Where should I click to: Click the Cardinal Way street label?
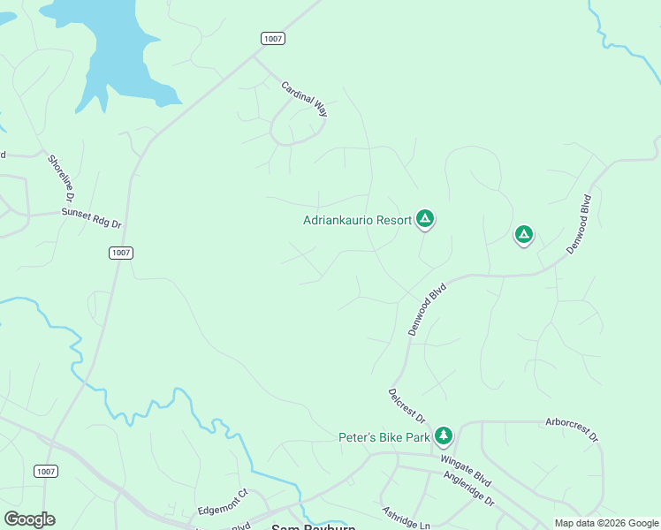(305, 100)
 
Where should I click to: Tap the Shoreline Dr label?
(62, 175)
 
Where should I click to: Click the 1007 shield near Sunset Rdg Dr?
(122, 253)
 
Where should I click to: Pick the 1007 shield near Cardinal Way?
(273, 37)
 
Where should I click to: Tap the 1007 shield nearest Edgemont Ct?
(47, 472)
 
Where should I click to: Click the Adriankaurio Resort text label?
(357, 220)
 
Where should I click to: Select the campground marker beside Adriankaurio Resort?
(425, 218)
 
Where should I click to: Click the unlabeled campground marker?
(524, 234)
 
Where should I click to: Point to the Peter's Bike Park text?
(384, 437)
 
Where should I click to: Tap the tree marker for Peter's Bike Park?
(444, 435)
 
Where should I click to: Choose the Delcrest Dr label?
(406, 405)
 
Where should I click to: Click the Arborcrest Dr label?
(572, 430)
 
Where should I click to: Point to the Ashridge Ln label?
(406, 518)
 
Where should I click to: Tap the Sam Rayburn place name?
(313, 526)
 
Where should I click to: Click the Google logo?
(29, 519)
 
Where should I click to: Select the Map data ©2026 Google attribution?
(606, 523)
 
